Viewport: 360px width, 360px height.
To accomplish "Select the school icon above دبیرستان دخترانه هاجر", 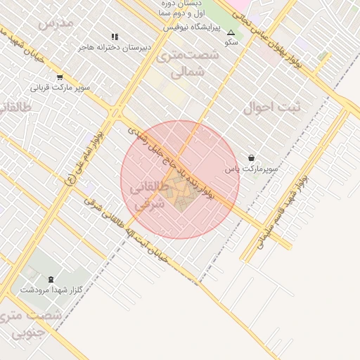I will (115, 37).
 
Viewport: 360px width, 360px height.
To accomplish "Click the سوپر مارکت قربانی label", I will (60, 89).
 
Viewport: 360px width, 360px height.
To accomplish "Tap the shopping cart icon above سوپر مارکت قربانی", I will (59, 78).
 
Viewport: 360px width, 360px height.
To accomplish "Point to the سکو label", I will (231, 42).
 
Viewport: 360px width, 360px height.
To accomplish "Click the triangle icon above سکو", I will (231, 32).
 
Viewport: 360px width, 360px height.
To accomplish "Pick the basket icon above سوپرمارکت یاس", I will (252, 157).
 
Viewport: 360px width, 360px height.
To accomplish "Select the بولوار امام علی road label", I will (84, 155).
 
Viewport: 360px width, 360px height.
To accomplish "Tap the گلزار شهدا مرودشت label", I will (51, 290).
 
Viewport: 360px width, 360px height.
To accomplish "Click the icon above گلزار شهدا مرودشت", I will (51, 279).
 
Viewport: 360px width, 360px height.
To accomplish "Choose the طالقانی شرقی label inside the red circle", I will (153, 196).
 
